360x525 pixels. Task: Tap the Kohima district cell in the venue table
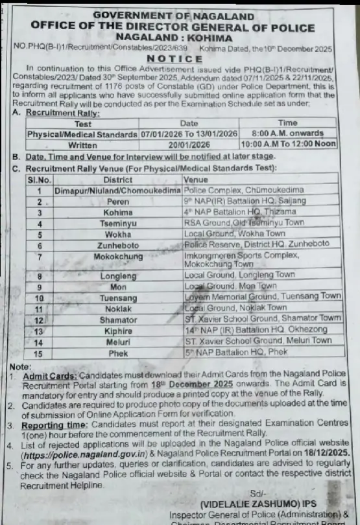tap(117, 212)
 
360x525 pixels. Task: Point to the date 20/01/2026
tap(189, 145)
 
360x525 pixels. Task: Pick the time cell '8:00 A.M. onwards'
tap(287, 134)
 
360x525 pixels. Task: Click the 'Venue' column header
tap(197, 180)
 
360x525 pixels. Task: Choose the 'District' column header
tap(117, 180)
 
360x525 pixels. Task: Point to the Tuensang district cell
tap(117, 296)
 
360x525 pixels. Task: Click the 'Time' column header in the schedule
tap(287, 123)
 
